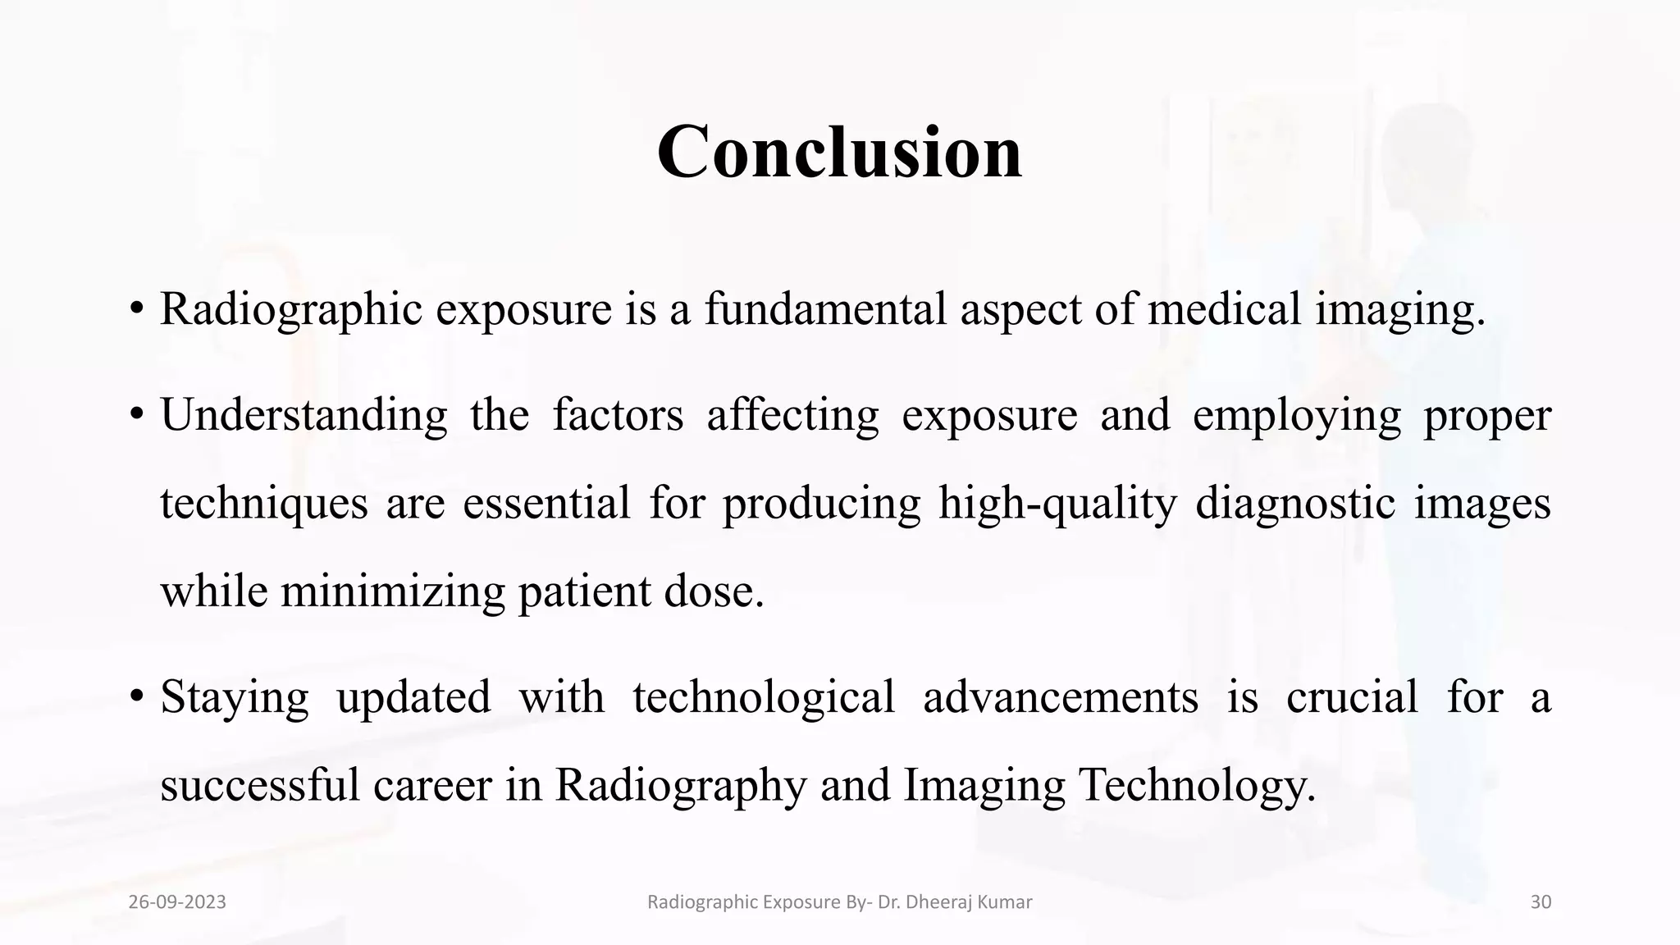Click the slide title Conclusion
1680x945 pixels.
click(839, 153)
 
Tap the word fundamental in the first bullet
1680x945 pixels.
click(825, 309)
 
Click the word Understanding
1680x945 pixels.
click(304, 415)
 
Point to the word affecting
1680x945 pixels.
click(792, 415)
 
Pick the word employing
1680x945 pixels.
click(1296, 415)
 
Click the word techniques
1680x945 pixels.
click(263, 503)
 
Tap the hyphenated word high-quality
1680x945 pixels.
click(1057, 503)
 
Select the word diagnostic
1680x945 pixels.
click(1294, 503)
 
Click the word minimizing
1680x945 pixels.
click(393, 591)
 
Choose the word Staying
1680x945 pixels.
click(235, 697)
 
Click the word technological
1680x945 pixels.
click(764, 697)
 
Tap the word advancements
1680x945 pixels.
click(1061, 697)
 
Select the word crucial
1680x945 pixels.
click(1351, 697)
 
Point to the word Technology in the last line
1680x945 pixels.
click(1198, 785)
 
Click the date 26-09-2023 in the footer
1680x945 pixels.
click(177, 902)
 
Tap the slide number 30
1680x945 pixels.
click(1541, 902)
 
